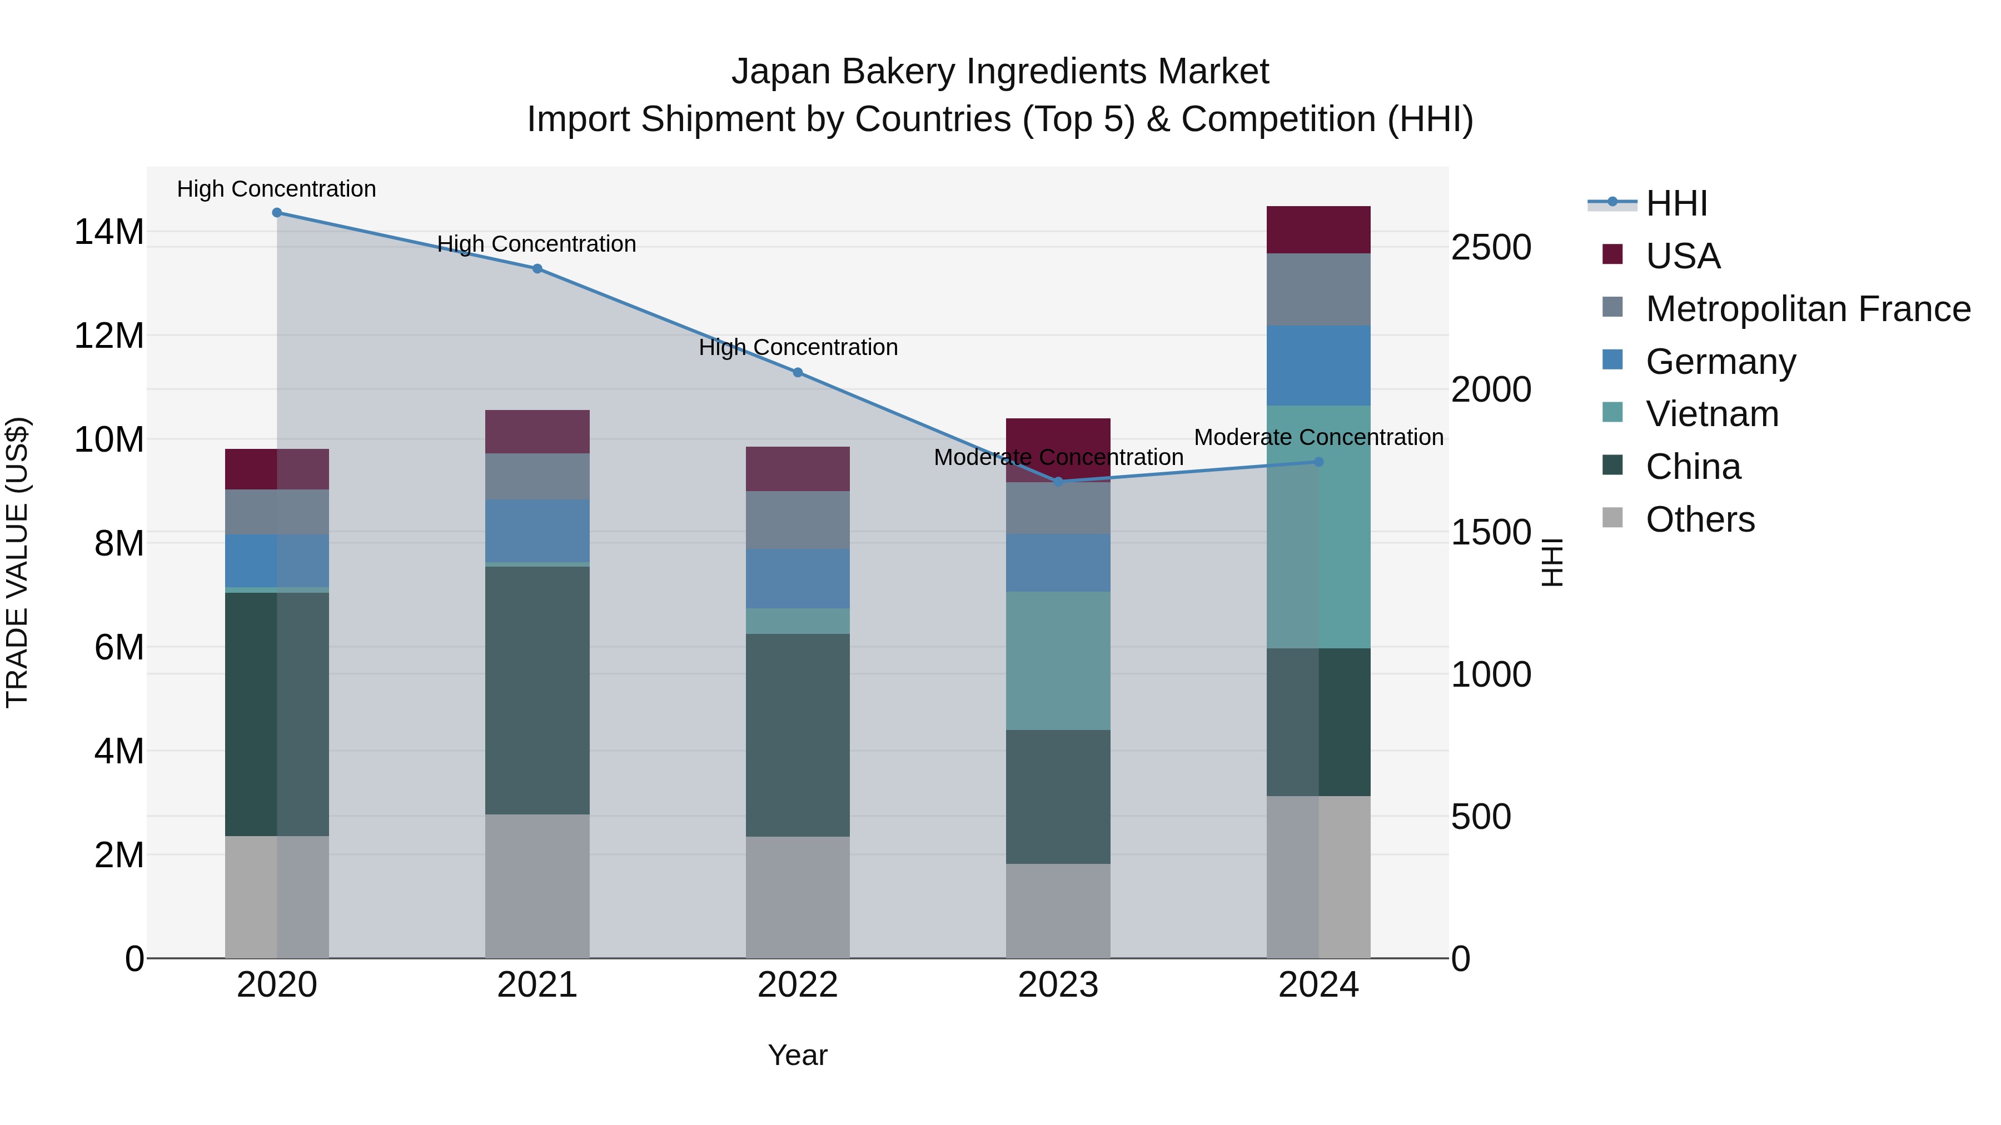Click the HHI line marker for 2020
coord(277,213)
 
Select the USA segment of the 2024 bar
coord(1318,230)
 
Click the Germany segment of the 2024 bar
coord(1318,366)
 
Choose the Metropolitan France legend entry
coord(1808,309)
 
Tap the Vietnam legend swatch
coord(1612,413)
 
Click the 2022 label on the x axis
coord(797,985)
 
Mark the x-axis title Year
coord(797,1055)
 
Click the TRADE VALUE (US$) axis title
coord(18,562)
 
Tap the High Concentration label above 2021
coord(537,244)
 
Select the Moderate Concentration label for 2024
coord(1318,437)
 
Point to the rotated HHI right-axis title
coord(1551,562)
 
